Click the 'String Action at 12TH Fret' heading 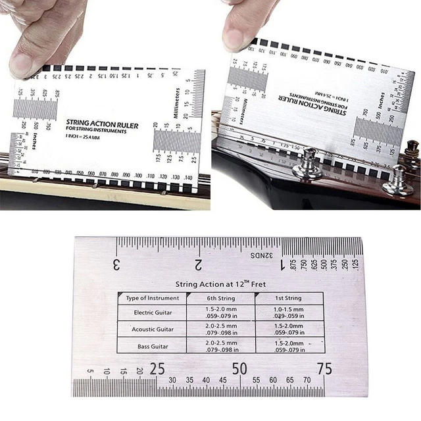pyautogui.click(x=220, y=284)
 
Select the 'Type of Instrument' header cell pyautogui.click(x=152, y=298)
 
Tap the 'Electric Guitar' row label pyautogui.click(x=153, y=312)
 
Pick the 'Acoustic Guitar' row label pyautogui.click(x=153, y=329)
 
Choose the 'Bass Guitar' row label pyautogui.click(x=153, y=346)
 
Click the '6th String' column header pyautogui.click(x=220, y=298)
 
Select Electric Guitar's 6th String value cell pyautogui.click(x=220, y=312)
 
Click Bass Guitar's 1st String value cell pyautogui.click(x=289, y=346)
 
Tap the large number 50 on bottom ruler pyautogui.click(x=239, y=369)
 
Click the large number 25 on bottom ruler pyautogui.click(x=157, y=369)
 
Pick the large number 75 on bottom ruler pyautogui.click(x=324, y=369)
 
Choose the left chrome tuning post pyautogui.click(x=307, y=164)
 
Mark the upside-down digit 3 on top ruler pyautogui.click(x=116, y=265)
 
